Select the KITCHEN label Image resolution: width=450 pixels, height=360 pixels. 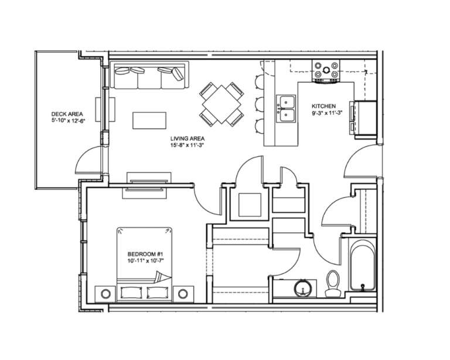pyautogui.click(x=322, y=107)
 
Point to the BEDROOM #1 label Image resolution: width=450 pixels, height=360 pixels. pyautogui.click(x=145, y=253)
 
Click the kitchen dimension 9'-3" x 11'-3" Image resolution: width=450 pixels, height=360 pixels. pyautogui.click(x=326, y=114)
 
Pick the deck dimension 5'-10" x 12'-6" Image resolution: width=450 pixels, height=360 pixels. pyautogui.click(x=67, y=121)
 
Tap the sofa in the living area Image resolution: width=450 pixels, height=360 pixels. pyautogui.click(x=149, y=76)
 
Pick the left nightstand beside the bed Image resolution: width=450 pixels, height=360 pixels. pyautogui.click(x=106, y=293)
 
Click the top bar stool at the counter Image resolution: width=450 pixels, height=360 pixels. pyautogui.click(x=259, y=81)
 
